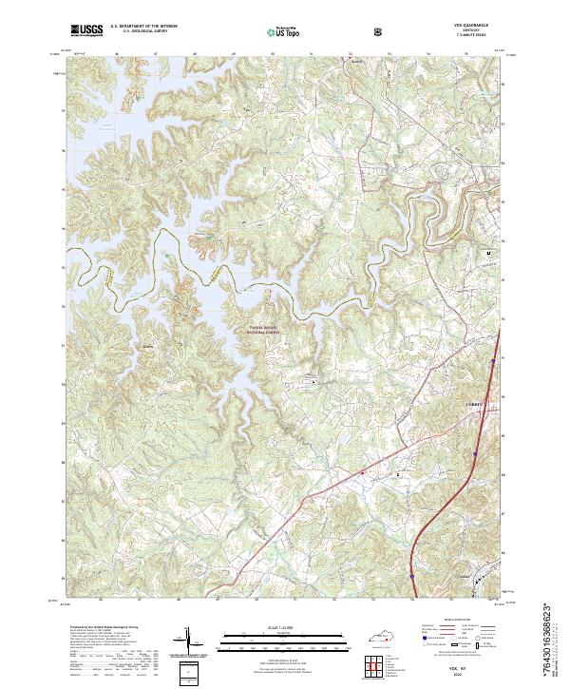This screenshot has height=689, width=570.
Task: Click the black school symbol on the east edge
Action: click(490, 254)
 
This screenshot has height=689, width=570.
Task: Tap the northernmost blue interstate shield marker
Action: click(495, 360)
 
